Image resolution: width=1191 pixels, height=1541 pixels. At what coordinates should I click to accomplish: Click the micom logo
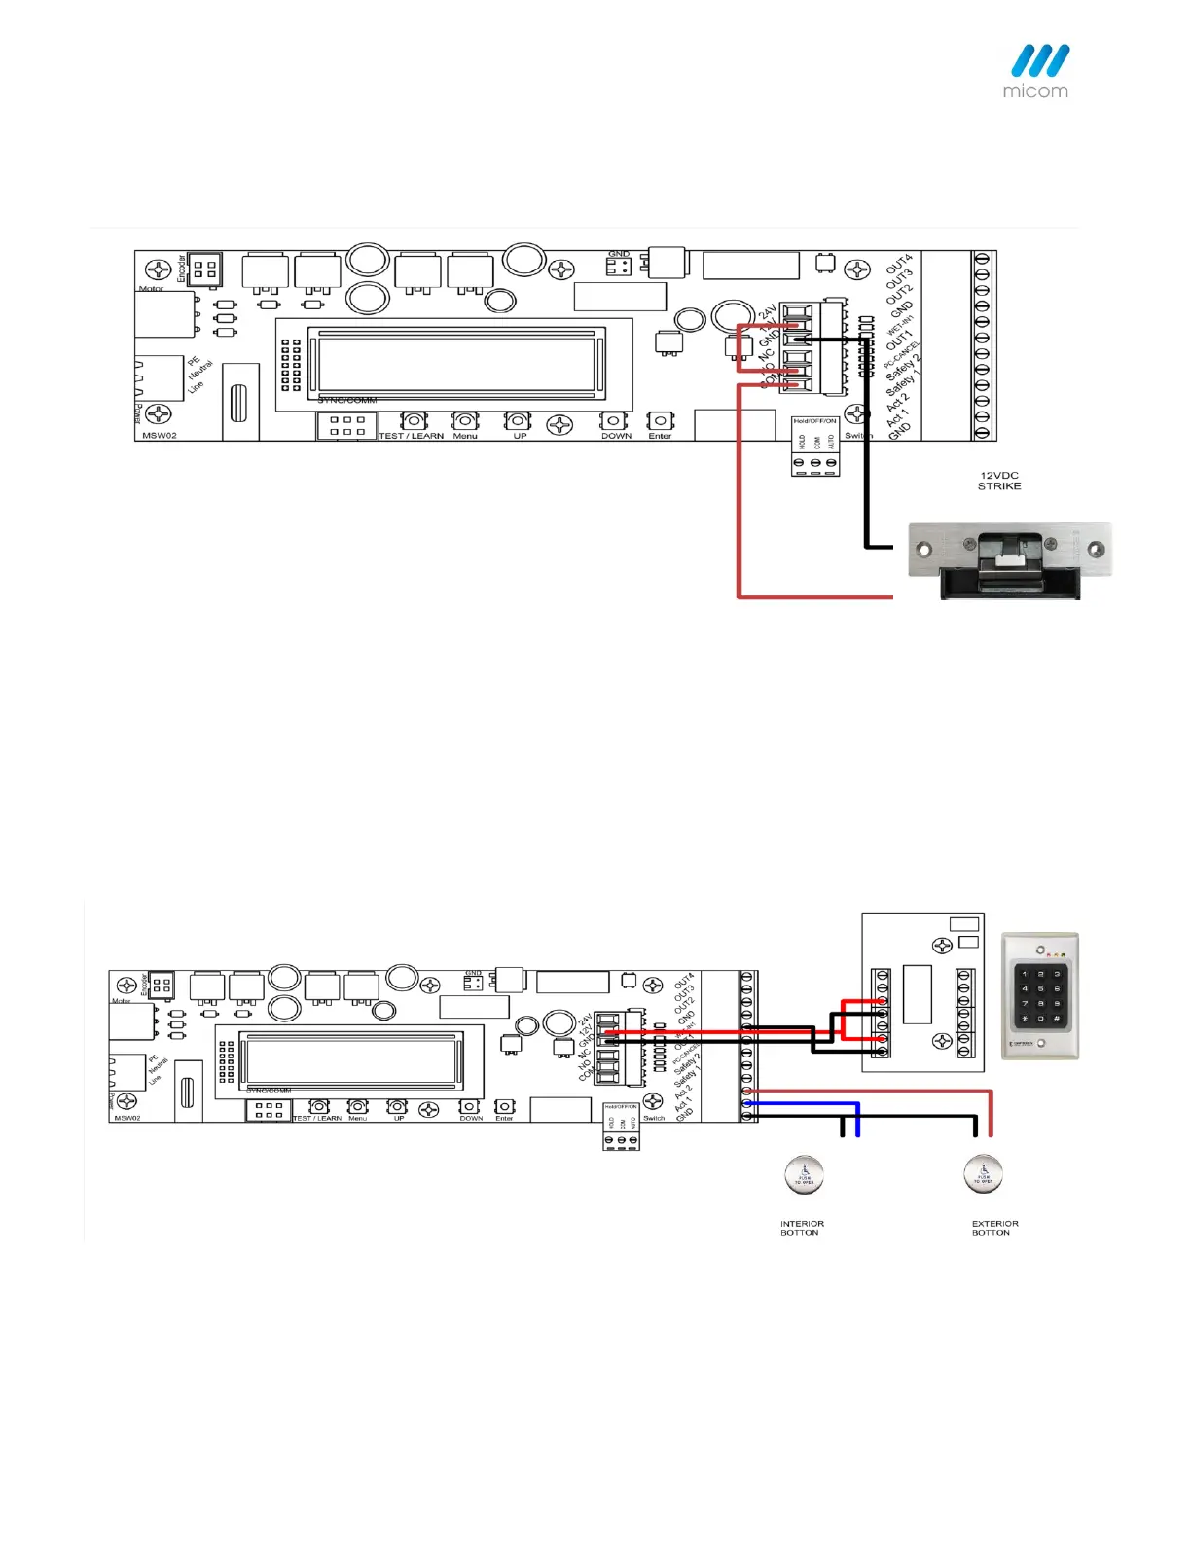[x=1037, y=71]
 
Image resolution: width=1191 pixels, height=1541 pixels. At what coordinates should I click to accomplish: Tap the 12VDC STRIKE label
[x=999, y=481]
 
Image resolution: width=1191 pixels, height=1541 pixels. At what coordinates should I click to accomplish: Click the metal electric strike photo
[x=1008, y=561]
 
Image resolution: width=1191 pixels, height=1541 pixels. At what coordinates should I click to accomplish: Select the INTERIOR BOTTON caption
[x=802, y=1228]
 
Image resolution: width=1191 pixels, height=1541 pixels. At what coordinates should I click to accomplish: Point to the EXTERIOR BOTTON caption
[x=994, y=1228]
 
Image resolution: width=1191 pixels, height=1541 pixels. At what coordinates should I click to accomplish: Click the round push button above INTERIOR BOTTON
[x=804, y=1174]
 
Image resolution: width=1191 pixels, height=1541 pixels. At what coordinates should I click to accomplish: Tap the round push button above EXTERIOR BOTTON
[x=983, y=1173]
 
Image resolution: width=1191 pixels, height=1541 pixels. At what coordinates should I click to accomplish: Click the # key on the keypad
[x=1057, y=1019]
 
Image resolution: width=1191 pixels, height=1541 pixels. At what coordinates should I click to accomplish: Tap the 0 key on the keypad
[x=1040, y=1019]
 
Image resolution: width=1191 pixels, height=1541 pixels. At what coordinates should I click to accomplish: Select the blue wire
[x=808, y=1104]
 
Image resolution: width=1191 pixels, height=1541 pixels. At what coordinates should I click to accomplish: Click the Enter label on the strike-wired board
[x=660, y=436]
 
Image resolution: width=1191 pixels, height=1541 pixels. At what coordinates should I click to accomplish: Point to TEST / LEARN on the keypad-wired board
[x=317, y=1118]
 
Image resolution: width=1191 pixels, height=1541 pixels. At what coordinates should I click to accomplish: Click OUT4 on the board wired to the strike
[x=899, y=265]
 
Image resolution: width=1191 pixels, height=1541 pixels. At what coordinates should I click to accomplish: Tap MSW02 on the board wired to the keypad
[x=127, y=1118]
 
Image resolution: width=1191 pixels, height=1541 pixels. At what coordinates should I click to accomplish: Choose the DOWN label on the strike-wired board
[x=616, y=436]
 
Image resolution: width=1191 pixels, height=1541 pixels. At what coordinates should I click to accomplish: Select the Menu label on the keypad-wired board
[x=358, y=1118]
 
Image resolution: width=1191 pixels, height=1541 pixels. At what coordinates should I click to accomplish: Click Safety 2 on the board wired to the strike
[x=902, y=370]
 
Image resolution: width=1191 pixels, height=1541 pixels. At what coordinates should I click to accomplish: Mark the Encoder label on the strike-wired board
[x=181, y=269]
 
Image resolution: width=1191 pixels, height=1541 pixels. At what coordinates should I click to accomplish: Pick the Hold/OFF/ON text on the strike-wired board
[x=814, y=421]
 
